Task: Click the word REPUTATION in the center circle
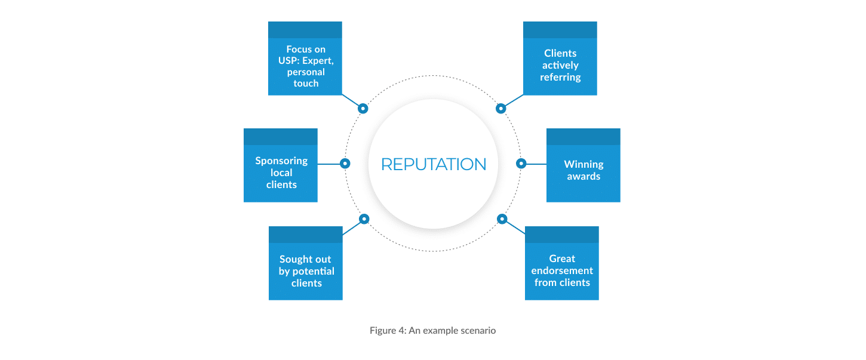pos(433,164)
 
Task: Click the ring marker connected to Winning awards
pos(521,163)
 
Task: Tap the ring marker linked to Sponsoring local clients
pos(345,163)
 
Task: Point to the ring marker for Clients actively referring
pos(501,109)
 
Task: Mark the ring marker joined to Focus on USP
pos(363,108)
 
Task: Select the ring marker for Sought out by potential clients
pos(364,219)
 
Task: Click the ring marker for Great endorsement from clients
pos(502,219)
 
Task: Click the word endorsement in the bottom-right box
pos(562,270)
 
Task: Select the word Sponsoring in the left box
pos(281,161)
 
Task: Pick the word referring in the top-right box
pos(560,77)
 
